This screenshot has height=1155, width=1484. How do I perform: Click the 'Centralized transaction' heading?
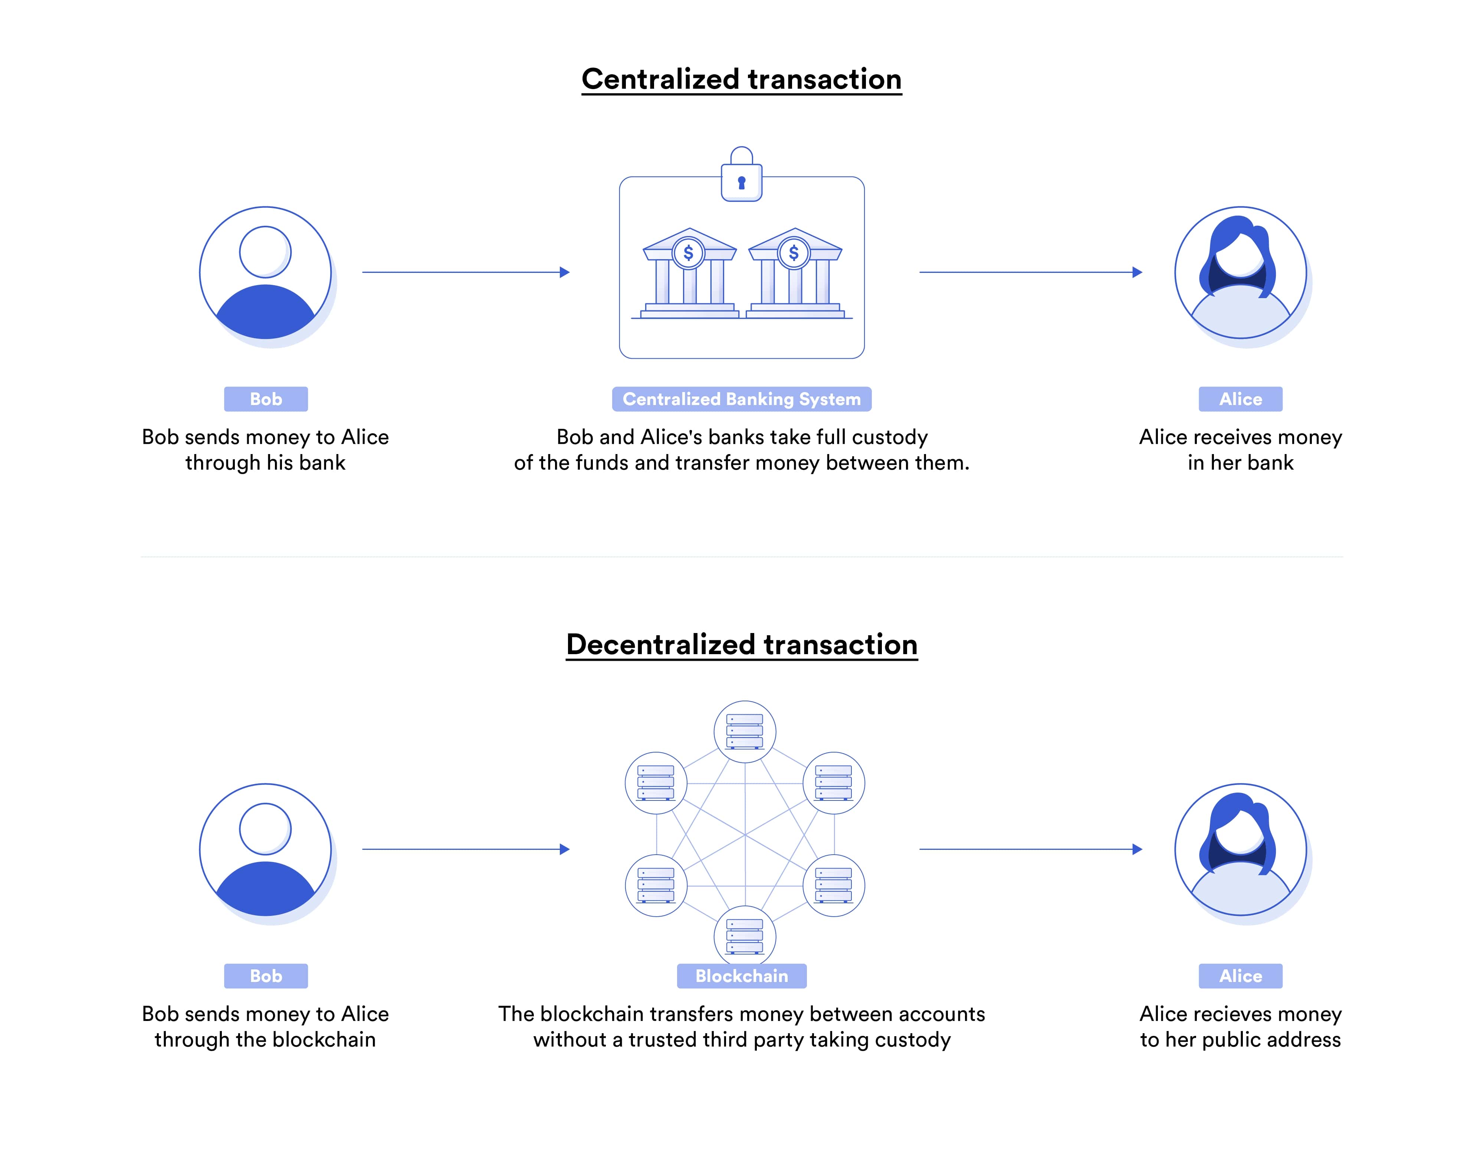(x=741, y=79)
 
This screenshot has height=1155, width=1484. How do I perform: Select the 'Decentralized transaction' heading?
(x=741, y=645)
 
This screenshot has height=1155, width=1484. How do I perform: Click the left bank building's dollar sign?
(x=688, y=253)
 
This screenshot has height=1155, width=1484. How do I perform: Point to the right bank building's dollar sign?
(x=794, y=253)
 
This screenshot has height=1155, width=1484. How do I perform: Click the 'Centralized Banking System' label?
(x=741, y=399)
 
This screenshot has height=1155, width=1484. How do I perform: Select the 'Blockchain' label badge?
(x=741, y=976)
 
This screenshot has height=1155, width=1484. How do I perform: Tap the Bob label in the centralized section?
(x=266, y=399)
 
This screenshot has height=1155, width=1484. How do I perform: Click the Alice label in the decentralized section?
(x=1240, y=976)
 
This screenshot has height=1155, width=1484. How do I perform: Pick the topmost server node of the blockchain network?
(x=745, y=731)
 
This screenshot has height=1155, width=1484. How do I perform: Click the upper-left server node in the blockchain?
(x=656, y=783)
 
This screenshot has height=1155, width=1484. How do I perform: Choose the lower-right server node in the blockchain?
(x=834, y=885)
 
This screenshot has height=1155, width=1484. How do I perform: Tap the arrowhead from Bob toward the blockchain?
(x=564, y=849)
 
